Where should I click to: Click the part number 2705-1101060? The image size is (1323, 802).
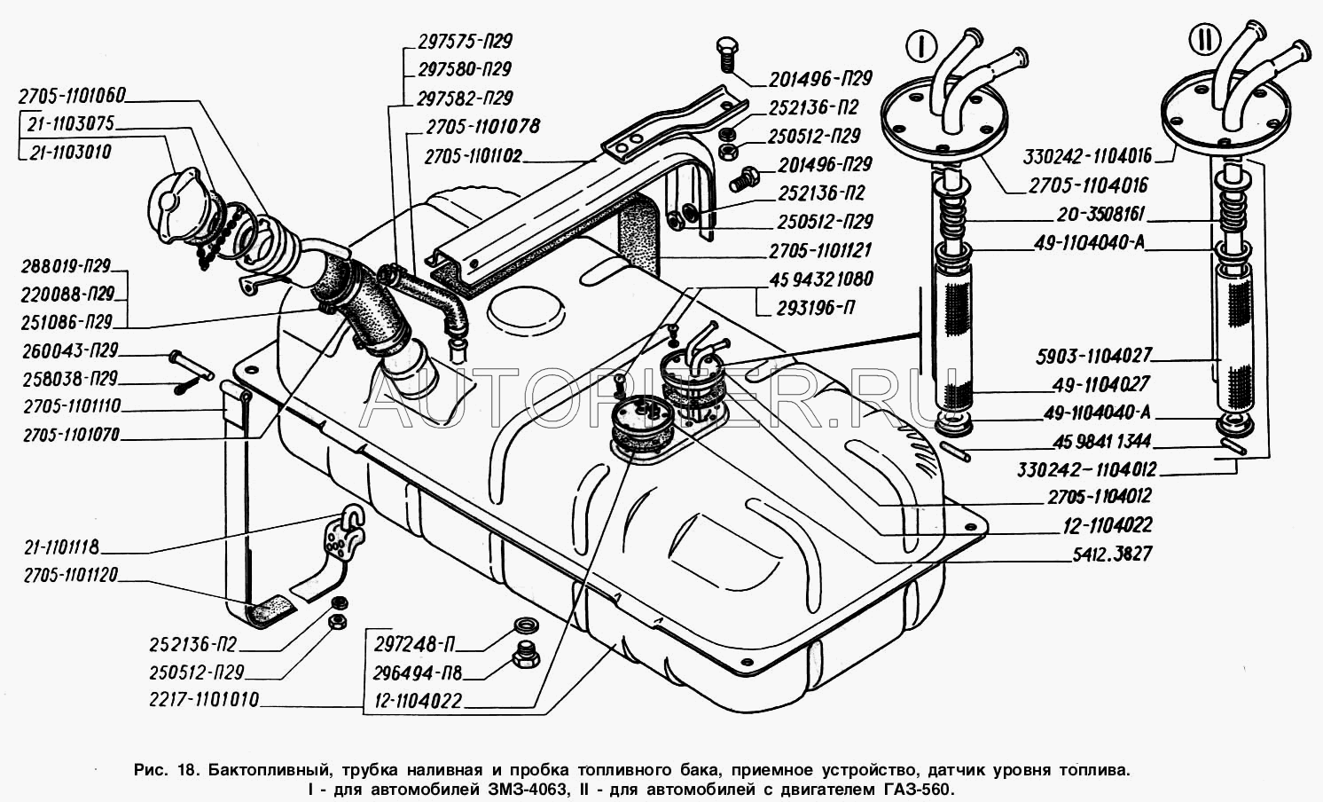tap(72, 95)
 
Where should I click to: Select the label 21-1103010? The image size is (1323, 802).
tap(70, 152)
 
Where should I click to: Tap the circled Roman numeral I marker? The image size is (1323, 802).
tap(921, 44)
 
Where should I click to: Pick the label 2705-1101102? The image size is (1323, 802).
tap(473, 157)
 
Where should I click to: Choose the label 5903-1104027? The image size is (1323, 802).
tap(1093, 356)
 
